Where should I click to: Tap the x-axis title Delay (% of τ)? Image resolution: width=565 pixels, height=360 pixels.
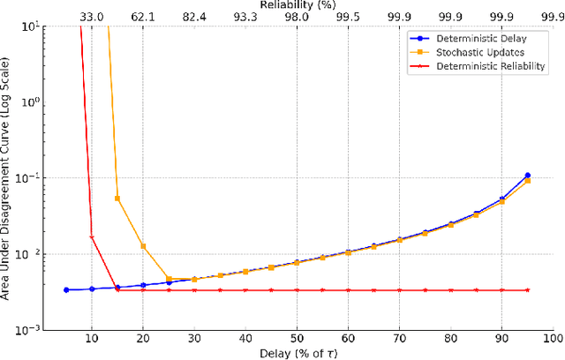(297, 352)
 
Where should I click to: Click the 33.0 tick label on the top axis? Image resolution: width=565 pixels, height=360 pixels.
(92, 17)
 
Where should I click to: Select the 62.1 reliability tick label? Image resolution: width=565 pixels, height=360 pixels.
(143, 17)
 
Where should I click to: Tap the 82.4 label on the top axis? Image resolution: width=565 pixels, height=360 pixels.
(194, 17)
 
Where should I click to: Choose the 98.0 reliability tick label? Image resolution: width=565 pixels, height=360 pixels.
(297, 17)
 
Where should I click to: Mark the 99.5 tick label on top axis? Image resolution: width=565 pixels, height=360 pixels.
(348, 17)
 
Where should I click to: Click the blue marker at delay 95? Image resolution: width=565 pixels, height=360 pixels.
(527, 176)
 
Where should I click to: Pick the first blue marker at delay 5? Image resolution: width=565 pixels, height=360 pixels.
(66, 289)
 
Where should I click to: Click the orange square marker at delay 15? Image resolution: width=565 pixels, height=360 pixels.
(117, 199)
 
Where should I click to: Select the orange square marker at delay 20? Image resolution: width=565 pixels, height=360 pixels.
(143, 246)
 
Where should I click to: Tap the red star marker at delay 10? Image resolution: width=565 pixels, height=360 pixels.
(92, 236)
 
